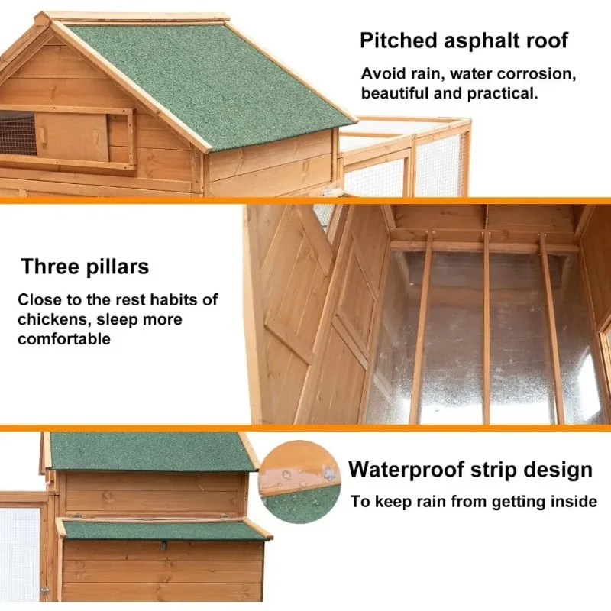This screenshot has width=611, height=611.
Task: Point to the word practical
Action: (x=503, y=94)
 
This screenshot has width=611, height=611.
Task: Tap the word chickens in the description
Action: (x=53, y=319)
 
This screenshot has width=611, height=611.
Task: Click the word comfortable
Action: (x=64, y=338)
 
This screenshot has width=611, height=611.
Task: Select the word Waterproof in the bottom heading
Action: (x=406, y=470)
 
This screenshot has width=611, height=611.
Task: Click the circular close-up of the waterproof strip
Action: (x=299, y=483)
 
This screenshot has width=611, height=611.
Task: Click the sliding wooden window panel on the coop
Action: (x=72, y=137)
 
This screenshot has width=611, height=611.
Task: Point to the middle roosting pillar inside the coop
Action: (x=487, y=327)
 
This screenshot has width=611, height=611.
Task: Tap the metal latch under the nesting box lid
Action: (x=163, y=545)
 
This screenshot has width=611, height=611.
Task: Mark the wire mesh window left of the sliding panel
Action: (x=18, y=132)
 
